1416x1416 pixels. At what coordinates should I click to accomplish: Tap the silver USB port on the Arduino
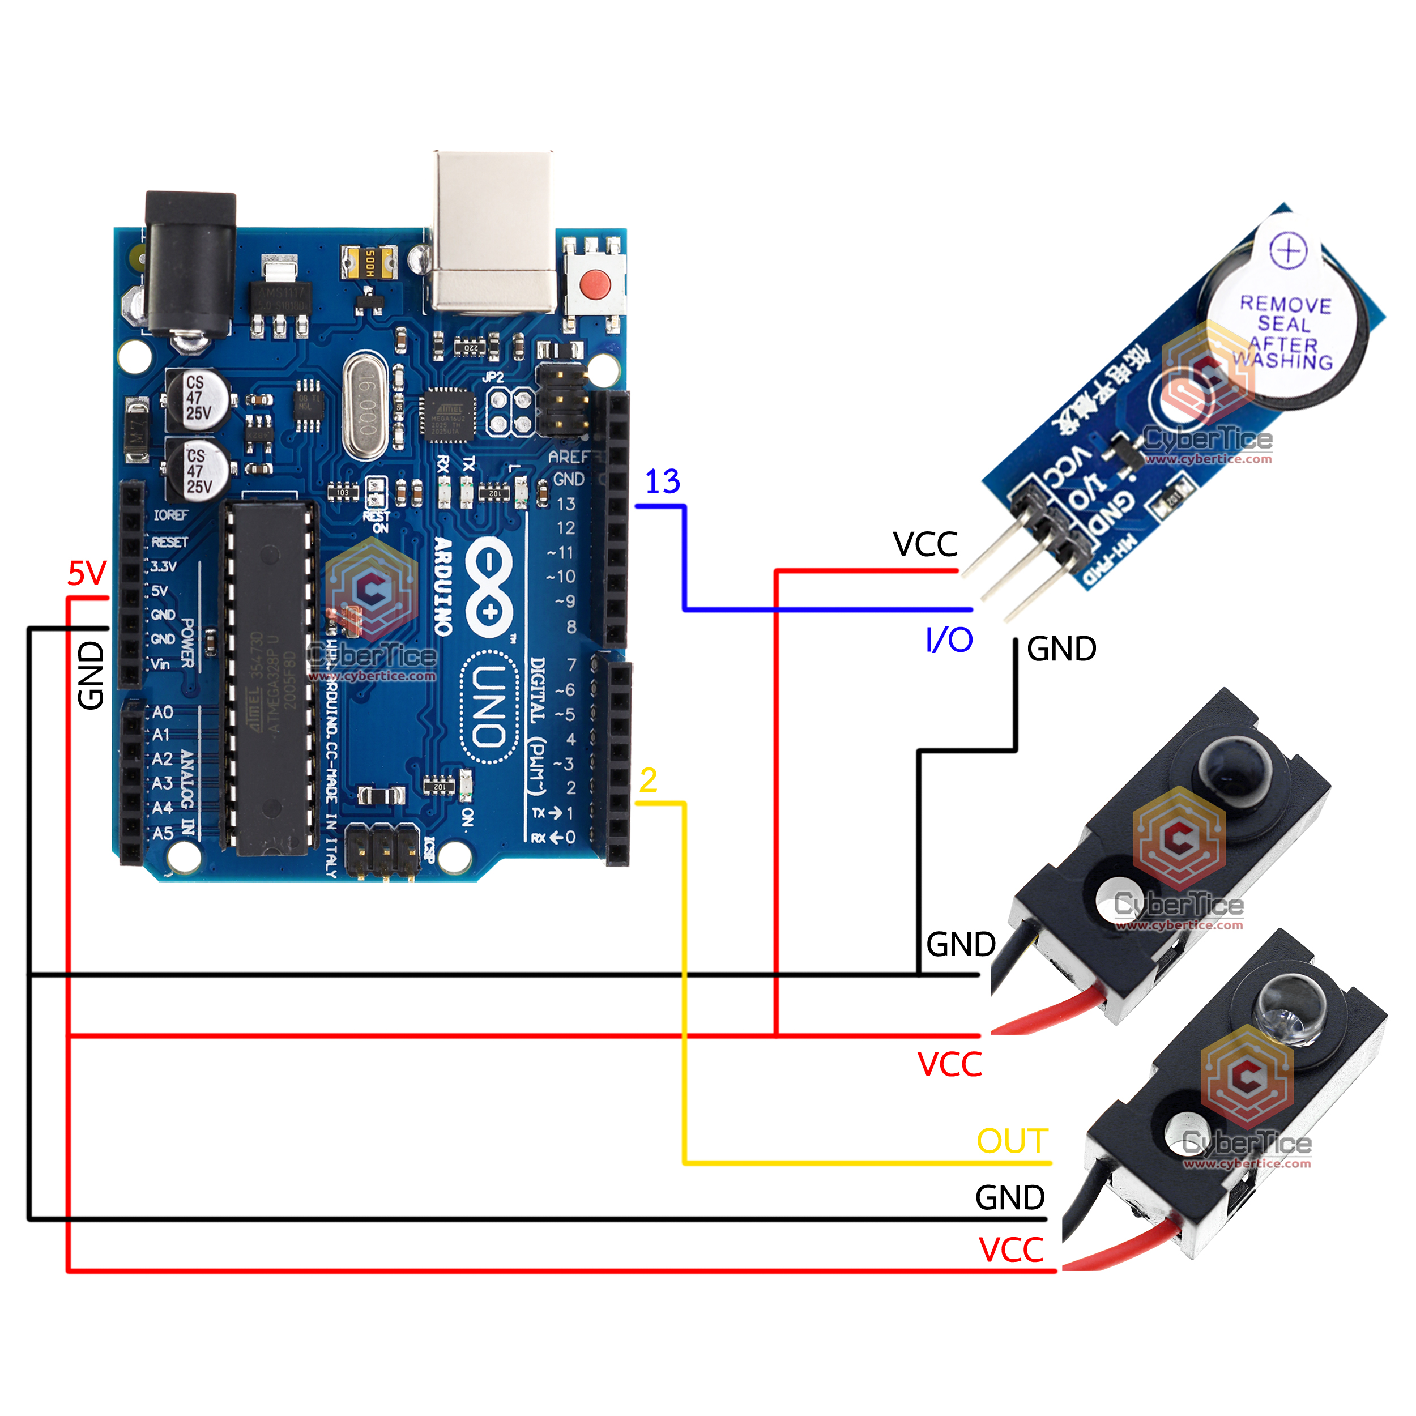click(x=493, y=231)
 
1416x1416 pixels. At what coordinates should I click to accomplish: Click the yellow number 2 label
click(x=648, y=780)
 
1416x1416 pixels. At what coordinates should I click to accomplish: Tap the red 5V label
click(x=87, y=573)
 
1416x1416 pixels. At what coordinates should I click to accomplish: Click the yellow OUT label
click(x=1012, y=1141)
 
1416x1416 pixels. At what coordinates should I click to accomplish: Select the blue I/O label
click(x=949, y=641)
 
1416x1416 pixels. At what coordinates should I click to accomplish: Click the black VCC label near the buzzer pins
click(x=925, y=544)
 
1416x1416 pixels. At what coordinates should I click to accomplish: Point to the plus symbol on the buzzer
click(x=1288, y=251)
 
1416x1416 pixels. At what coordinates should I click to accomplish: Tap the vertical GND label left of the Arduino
click(x=91, y=675)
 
